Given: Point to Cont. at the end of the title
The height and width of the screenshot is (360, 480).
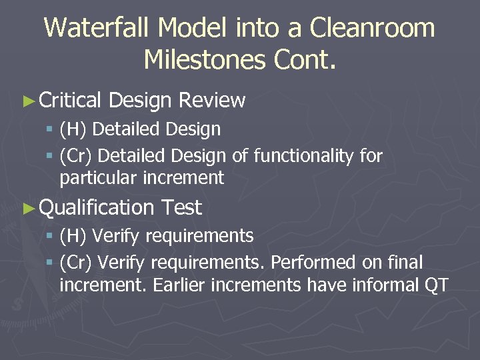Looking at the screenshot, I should click(x=305, y=60).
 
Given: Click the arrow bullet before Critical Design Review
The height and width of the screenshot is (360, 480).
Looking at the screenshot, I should click(x=27, y=101).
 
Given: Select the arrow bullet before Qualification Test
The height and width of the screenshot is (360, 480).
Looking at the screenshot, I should click(x=27, y=208).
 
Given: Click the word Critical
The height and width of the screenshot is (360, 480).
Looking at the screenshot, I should click(x=70, y=101).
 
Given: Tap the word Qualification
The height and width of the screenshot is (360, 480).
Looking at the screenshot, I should click(x=97, y=208).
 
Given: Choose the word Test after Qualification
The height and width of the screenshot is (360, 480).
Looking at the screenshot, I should click(x=181, y=208).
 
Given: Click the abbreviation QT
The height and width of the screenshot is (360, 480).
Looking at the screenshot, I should click(x=436, y=285).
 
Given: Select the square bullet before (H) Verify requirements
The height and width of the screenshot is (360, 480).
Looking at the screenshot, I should click(x=50, y=236).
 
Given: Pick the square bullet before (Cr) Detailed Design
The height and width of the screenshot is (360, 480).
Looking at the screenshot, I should click(x=50, y=156).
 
